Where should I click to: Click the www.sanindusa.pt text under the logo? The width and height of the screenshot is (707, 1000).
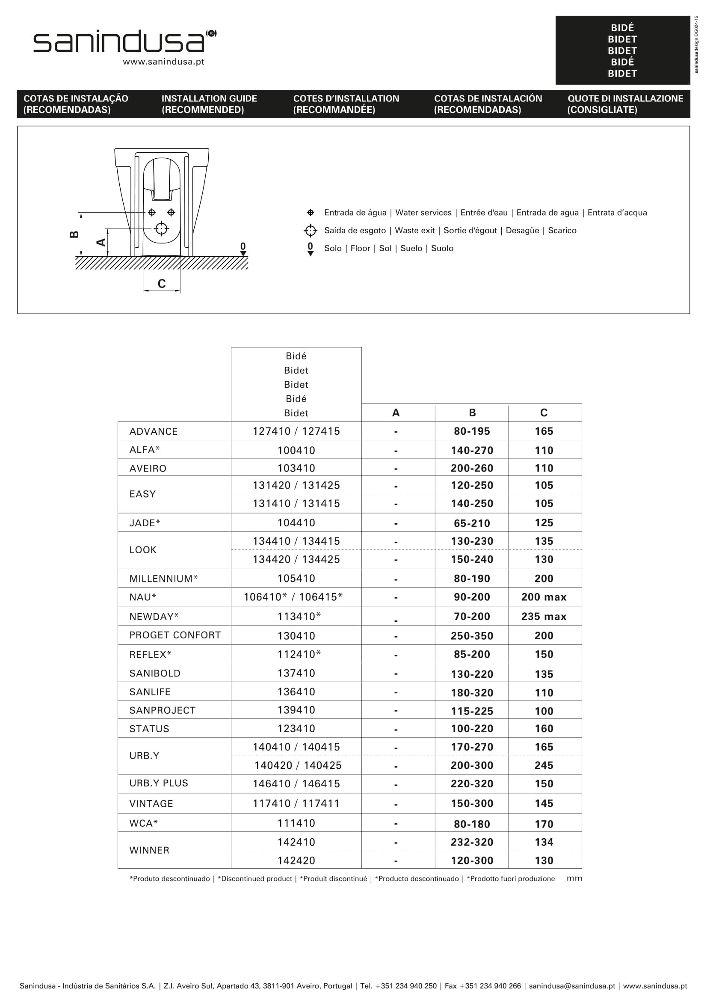point(163,62)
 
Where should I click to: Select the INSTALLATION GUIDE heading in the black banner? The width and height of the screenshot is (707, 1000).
point(209,99)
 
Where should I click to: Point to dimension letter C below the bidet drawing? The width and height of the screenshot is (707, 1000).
point(162,284)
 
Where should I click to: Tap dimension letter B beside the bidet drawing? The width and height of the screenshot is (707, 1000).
point(74,234)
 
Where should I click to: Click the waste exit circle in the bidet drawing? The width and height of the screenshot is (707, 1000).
point(162,228)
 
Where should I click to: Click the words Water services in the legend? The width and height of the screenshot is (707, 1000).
point(423,213)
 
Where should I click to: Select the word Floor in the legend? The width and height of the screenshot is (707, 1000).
point(360,248)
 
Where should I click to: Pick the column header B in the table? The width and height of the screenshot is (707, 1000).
point(472,412)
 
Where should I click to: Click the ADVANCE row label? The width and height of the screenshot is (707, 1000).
point(153,431)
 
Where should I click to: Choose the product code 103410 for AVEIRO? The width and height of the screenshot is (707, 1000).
point(296,468)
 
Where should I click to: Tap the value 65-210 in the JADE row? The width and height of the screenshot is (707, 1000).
point(472,523)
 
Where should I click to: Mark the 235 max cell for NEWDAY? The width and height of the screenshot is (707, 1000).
point(544,616)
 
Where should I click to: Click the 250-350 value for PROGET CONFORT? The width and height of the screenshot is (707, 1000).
point(472,635)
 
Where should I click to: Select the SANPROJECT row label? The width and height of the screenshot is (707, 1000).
point(162,710)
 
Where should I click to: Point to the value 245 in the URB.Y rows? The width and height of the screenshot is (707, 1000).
point(544,765)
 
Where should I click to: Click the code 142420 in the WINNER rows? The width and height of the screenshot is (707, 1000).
point(296,860)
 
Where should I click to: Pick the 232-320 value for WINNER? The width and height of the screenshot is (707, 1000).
point(472,842)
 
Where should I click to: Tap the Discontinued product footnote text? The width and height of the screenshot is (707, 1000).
point(254,878)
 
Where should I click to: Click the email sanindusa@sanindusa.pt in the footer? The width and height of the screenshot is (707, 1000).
point(571,985)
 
